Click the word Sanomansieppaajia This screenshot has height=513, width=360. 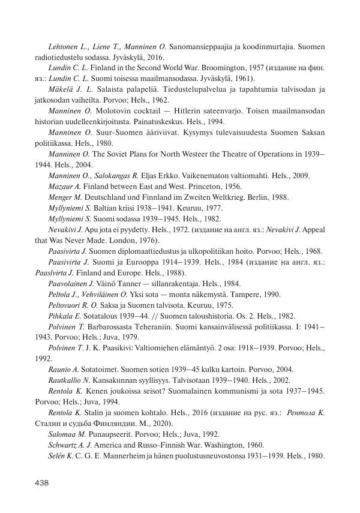201,46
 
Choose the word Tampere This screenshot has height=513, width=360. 237,295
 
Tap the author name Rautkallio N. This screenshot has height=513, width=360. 69,381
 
